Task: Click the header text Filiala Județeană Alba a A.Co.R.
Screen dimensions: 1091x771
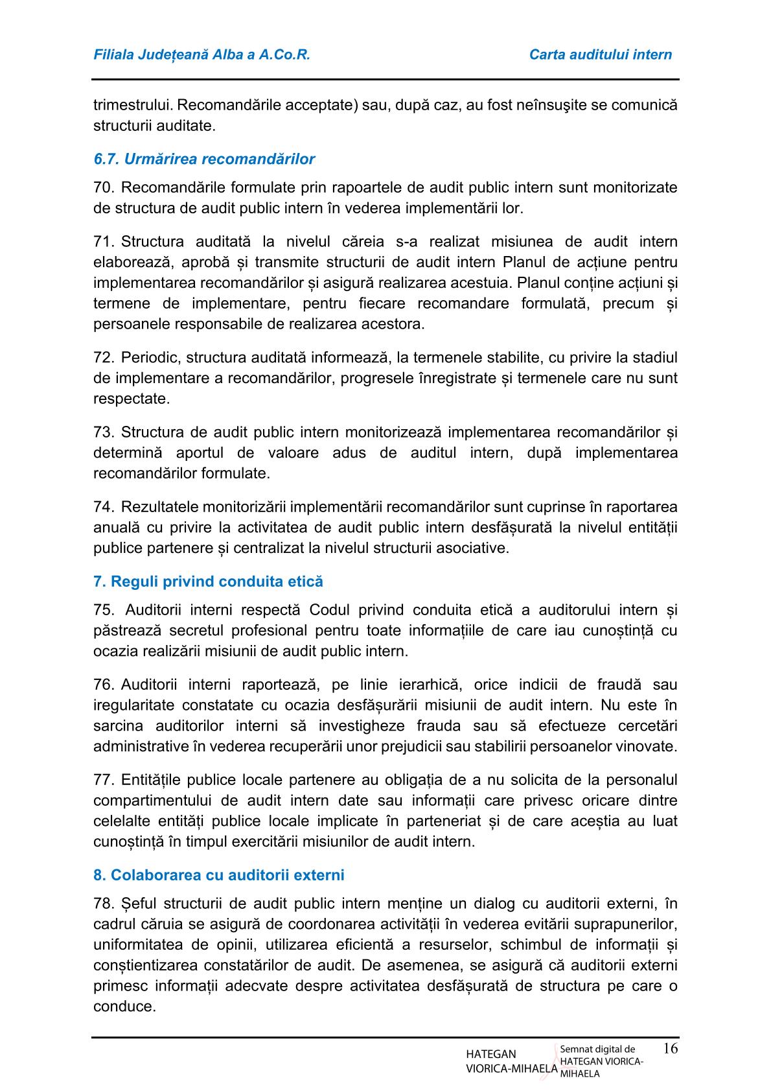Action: coord(202,54)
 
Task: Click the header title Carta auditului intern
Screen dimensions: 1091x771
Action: coord(601,54)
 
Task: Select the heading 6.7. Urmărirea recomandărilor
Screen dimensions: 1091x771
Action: coord(204,159)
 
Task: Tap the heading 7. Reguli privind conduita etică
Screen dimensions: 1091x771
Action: coord(208,581)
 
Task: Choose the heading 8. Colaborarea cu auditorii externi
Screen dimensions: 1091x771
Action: coord(219,874)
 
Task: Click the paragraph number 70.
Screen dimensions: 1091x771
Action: coord(104,188)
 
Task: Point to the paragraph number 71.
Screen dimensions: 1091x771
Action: coord(104,242)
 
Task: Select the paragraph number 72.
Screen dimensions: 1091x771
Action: coord(104,358)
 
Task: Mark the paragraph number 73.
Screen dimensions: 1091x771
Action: coord(104,432)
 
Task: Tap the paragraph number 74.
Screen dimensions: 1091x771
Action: coord(104,506)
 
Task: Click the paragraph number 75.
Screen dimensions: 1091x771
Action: coord(104,610)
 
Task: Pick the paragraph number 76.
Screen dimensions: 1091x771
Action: coord(104,685)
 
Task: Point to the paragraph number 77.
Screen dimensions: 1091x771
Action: coord(104,780)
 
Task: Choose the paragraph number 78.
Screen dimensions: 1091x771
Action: coord(104,904)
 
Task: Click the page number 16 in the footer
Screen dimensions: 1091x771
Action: coord(671,1048)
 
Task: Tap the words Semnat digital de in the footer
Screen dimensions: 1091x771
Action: coord(597,1049)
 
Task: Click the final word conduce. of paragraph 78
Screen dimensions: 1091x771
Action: coord(124,1007)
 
